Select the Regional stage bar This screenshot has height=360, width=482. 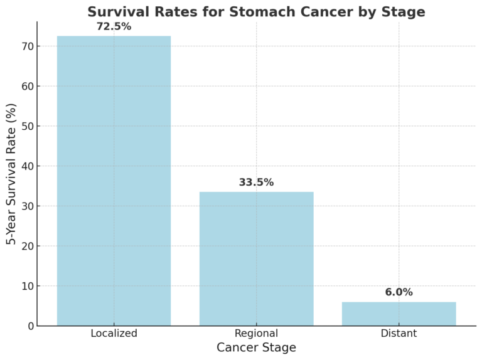[x=256, y=258]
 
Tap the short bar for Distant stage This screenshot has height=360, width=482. [x=399, y=314]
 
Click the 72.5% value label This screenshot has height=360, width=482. [x=114, y=27]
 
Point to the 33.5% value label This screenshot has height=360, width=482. [x=256, y=183]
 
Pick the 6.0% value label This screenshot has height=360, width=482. [x=399, y=292]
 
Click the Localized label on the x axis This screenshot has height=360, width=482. [x=114, y=334]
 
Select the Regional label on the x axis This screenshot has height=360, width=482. [x=256, y=334]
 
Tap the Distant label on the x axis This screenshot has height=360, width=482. [x=399, y=334]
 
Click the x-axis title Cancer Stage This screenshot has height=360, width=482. [x=256, y=347]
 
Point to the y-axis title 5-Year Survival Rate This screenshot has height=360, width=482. [x=11, y=174]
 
